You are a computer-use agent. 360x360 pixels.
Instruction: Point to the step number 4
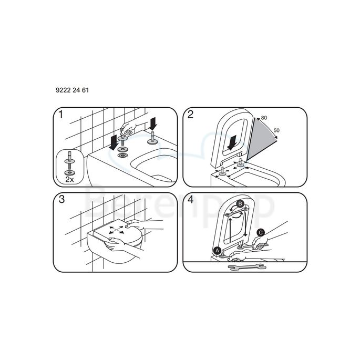coord(191,201)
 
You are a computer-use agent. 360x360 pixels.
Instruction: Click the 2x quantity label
coord(69,179)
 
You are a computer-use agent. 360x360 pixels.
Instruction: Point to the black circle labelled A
coord(217,250)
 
